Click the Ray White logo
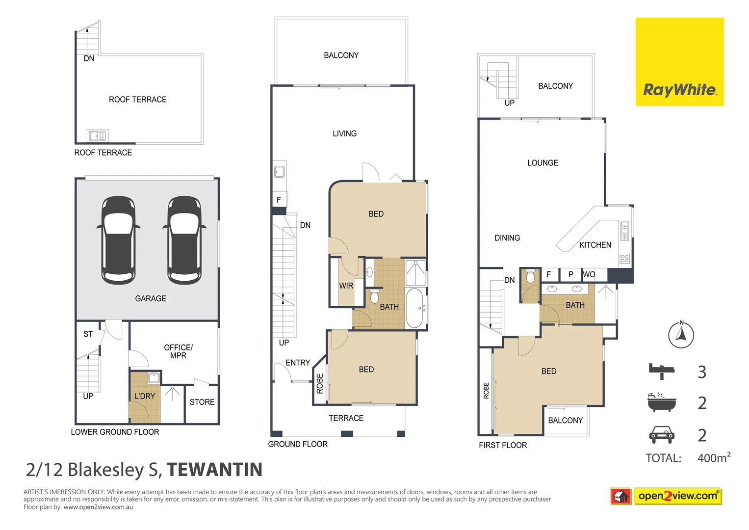pyautogui.click(x=679, y=62)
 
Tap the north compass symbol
pyautogui.click(x=681, y=335)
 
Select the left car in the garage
pyautogui.click(x=118, y=240)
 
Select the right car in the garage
pyautogui.click(x=184, y=240)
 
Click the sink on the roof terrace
pyautogui.click(x=97, y=135)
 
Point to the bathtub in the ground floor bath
pyautogui.click(x=414, y=308)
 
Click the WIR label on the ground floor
pyautogui.click(x=346, y=286)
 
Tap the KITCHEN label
pyautogui.click(x=595, y=245)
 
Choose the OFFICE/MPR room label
pyautogui.click(x=178, y=351)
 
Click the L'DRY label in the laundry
pyautogui.click(x=145, y=396)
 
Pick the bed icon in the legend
pyautogui.click(x=661, y=371)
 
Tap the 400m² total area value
pyautogui.click(x=714, y=458)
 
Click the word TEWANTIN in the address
pyautogui.click(x=214, y=470)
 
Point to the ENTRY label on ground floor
pyautogui.click(x=298, y=363)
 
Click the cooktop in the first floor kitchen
pyautogui.click(x=624, y=259)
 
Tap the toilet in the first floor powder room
pyautogui.click(x=530, y=277)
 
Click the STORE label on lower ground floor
pyautogui.click(x=202, y=402)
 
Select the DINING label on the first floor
pyautogui.click(x=507, y=238)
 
